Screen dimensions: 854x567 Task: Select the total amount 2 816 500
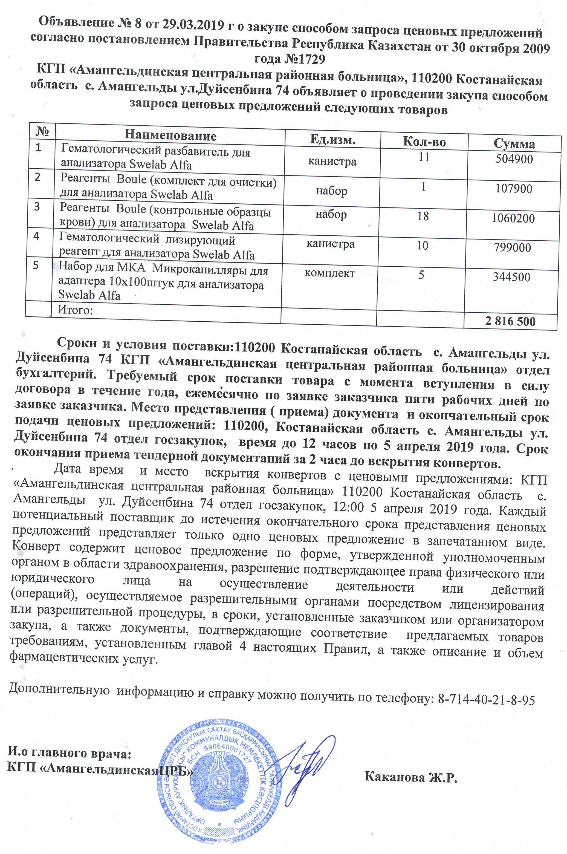pos(510,321)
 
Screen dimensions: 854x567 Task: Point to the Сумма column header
pos(514,144)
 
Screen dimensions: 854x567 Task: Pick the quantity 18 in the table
pos(423,216)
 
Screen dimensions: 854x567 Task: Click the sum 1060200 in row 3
pos(513,218)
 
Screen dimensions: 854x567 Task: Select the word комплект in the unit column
pos(329,273)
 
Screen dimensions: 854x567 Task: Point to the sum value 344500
pos(511,277)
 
